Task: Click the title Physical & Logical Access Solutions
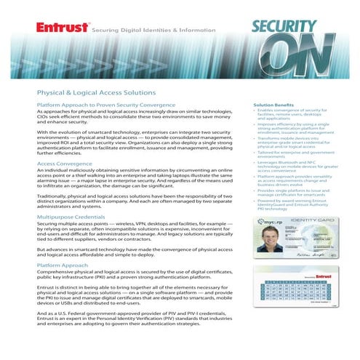tap(96, 92)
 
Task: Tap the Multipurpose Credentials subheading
tap(76, 217)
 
